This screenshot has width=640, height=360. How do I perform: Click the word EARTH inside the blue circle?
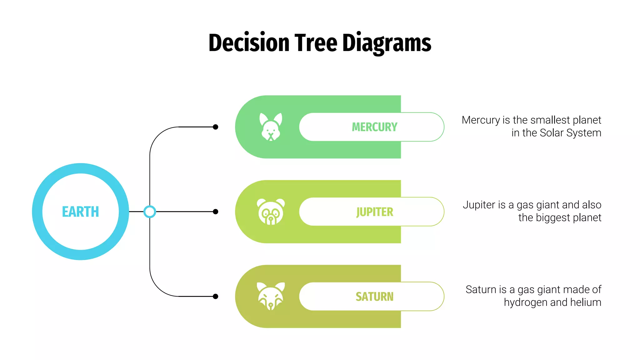(80, 212)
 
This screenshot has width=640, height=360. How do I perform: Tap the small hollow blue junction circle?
(150, 212)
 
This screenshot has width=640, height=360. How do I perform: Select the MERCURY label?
(374, 127)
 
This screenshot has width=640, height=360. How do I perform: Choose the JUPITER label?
(374, 212)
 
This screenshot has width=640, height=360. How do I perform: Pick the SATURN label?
(374, 296)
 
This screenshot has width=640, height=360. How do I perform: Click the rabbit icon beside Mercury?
(271, 127)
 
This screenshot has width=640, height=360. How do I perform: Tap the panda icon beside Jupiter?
(271, 212)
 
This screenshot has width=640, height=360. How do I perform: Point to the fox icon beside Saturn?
(271, 296)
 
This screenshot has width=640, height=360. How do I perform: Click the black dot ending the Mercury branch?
(215, 127)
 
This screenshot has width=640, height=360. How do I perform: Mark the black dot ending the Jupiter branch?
(215, 212)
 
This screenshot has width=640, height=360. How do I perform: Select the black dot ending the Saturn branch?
(215, 296)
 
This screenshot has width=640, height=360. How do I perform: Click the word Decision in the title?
(249, 43)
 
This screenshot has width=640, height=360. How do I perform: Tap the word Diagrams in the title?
(387, 43)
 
